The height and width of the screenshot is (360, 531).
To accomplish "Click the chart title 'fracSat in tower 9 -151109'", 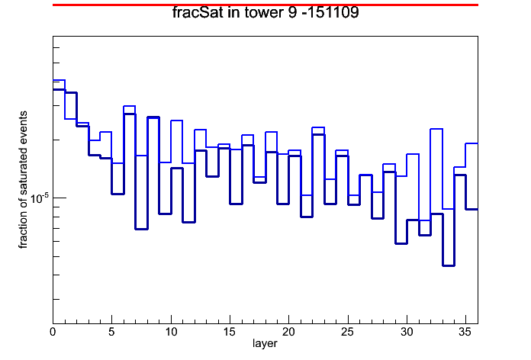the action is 265,13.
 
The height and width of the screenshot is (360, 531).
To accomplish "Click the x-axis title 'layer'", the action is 265,343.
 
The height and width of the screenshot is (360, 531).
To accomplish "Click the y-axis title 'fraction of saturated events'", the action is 23,180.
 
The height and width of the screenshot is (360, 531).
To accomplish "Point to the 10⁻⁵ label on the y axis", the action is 39,198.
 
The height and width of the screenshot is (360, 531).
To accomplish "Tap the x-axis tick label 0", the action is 53,333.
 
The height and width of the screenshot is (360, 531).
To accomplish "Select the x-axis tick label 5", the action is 111,333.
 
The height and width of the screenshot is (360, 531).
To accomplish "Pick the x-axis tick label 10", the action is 171,333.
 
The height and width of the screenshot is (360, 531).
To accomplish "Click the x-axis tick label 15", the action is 230,333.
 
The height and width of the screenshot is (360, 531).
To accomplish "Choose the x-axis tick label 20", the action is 288,333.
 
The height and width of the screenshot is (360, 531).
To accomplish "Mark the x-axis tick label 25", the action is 348,333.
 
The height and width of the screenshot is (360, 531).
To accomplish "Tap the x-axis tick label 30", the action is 407,333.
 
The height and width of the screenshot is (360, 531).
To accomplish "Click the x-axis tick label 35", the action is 465,333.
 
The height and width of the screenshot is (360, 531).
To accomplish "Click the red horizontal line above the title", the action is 265,5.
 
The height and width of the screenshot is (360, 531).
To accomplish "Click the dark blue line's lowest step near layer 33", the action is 448,265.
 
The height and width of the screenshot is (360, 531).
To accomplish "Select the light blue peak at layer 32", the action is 436,129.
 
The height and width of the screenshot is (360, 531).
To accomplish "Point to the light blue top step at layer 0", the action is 59,80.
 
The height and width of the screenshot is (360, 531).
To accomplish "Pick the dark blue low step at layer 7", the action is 141,229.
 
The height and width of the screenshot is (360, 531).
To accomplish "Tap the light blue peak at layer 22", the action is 318,127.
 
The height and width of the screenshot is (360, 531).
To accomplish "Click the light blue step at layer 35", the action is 471,143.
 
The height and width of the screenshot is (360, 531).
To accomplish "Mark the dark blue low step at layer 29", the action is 401,243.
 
